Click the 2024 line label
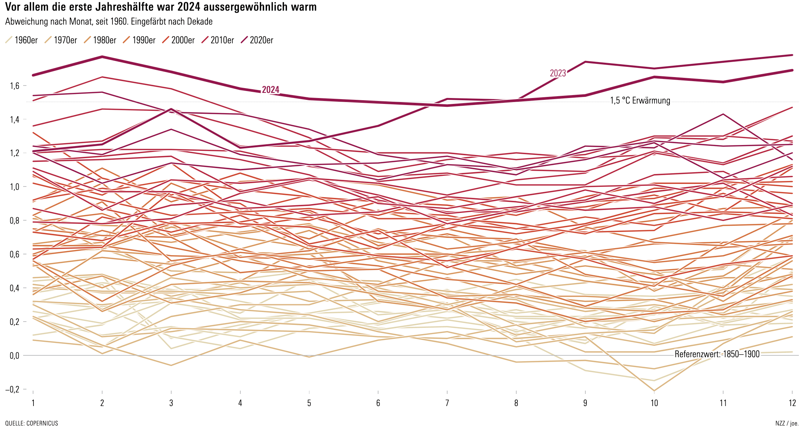(270, 90)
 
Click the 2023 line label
(557, 73)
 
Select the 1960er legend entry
(22, 40)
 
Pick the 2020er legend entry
(257, 40)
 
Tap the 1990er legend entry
(140, 40)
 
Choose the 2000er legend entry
(179, 40)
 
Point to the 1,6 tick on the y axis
(15, 86)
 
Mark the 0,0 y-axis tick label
(15, 356)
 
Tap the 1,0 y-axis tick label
(15, 187)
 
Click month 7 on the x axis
(447, 403)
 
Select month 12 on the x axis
(792, 403)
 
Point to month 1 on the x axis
(33, 403)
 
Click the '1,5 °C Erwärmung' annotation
(640, 101)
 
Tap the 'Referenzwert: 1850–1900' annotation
(717, 354)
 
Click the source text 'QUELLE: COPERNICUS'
(32, 423)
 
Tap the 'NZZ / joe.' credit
(787, 423)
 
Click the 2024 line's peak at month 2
(102, 57)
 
